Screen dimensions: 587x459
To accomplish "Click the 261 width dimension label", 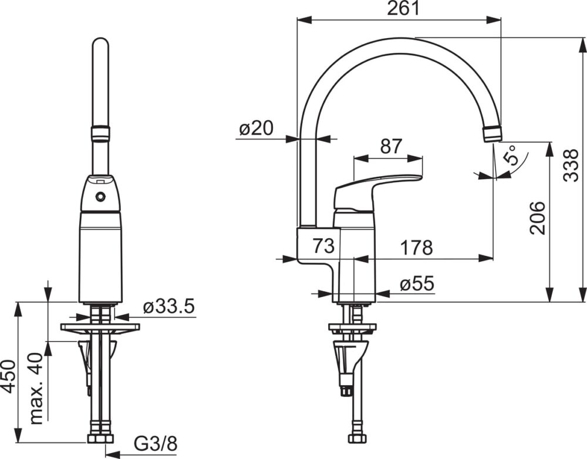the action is pyautogui.click(x=404, y=9).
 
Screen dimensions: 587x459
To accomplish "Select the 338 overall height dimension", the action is pyautogui.click(x=571, y=166).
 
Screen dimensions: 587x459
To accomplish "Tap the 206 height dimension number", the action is pyautogui.click(x=538, y=218).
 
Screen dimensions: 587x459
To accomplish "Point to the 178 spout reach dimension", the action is pyautogui.click(x=416, y=247).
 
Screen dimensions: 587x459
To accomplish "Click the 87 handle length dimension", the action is pyautogui.click(x=391, y=146).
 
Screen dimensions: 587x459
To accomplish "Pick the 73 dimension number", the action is pyautogui.click(x=323, y=246).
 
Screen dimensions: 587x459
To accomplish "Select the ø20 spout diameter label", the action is pyautogui.click(x=257, y=129).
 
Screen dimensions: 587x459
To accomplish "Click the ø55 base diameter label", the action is pyautogui.click(x=417, y=283).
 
